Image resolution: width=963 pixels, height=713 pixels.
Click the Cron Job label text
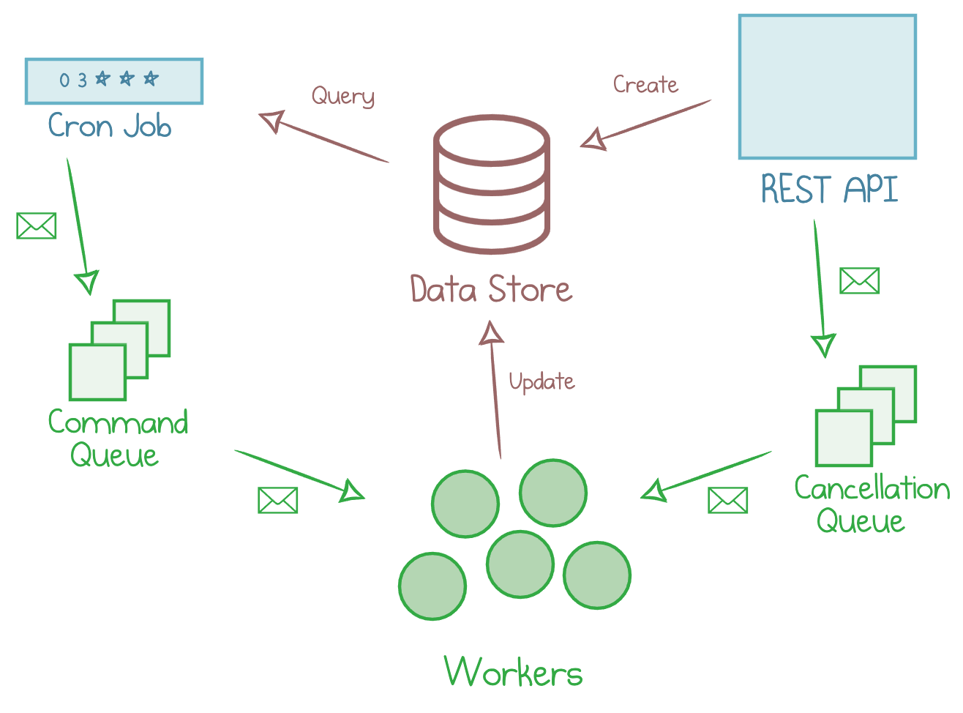click(110, 127)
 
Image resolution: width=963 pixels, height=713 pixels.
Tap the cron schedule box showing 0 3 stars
click(113, 81)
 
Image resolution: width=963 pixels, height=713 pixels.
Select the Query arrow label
click(342, 96)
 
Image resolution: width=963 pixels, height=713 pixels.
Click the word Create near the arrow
click(645, 85)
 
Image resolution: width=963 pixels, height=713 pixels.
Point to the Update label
click(542, 381)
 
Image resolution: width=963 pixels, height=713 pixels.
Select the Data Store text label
click(490, 289)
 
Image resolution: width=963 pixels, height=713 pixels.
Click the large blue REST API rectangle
click(827, 86)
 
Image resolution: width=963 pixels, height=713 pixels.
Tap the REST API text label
click(829, 190)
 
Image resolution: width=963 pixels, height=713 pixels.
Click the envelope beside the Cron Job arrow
click(37, 226)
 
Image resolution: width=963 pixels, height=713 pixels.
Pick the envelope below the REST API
click(859, 280)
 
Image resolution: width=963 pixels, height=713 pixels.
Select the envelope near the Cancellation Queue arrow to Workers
click(727, 501)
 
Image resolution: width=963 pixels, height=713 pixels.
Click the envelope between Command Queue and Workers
click(277, 501)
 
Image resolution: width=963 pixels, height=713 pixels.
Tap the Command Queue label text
click(117, 438)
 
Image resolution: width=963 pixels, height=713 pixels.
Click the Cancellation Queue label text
click(871, 504)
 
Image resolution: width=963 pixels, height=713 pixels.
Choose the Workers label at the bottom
click(513, 672)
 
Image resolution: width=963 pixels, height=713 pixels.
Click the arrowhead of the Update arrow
click(492, 333)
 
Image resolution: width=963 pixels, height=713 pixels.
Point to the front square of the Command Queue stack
click(97, 372)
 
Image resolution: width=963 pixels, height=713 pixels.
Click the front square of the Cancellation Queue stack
click(844, 438)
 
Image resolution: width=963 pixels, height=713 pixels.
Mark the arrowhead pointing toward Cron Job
click(271, 120)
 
